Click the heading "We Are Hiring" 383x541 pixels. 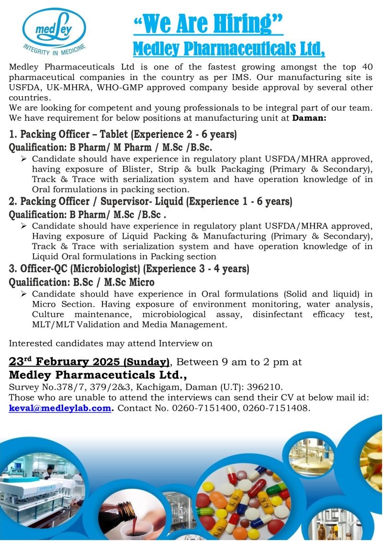point(208,23)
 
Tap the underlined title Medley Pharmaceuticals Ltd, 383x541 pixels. point(228,48)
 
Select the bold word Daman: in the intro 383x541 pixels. point(309,117)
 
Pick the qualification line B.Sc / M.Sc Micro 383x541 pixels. point(82,283)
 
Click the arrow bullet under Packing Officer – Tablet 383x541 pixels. point(24,159)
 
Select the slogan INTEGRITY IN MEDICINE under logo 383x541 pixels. point(54,47)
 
